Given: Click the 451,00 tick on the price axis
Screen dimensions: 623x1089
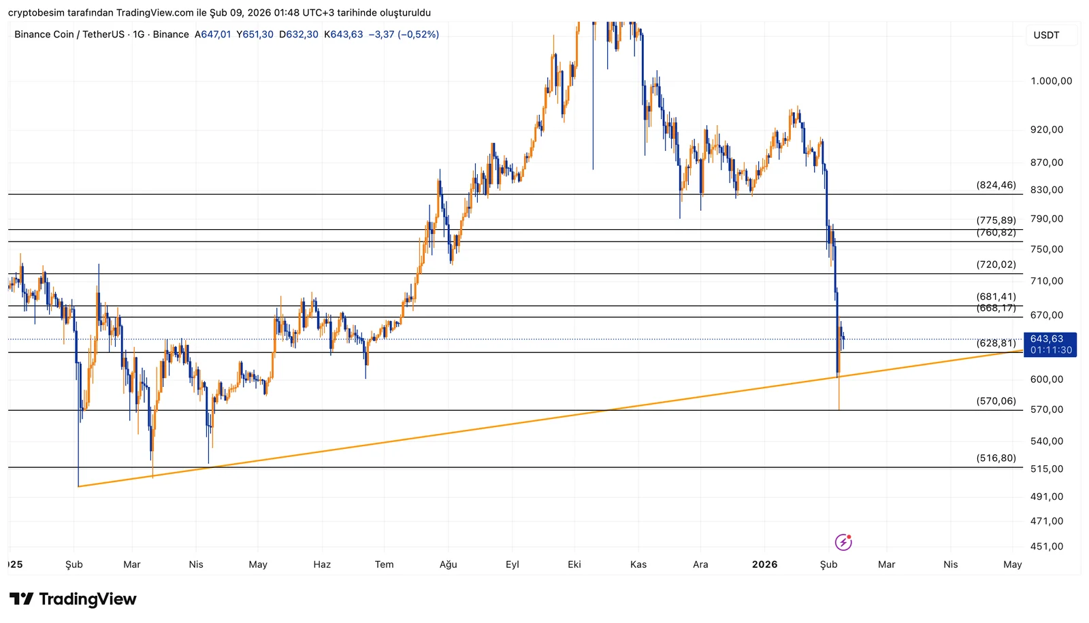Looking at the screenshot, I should click(1047, 546).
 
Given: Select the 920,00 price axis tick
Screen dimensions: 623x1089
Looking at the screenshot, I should click(1047, 130).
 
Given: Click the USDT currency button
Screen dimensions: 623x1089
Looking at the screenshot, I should click(1046, 35).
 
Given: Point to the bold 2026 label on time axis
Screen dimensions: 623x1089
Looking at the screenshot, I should click(764, 565).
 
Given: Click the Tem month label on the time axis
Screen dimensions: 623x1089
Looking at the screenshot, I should click(384, 565).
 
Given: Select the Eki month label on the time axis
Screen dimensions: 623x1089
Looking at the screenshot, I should click(574, 565).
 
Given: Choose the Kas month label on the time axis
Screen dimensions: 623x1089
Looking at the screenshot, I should click(638, 565).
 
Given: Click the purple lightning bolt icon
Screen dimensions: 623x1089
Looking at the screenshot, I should click(843, 542).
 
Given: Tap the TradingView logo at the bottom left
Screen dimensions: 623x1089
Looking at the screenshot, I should click(73, 599).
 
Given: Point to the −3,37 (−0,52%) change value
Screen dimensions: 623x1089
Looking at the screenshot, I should click(404, 35).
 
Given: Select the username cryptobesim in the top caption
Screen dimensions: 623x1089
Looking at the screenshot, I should click(36, 13).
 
